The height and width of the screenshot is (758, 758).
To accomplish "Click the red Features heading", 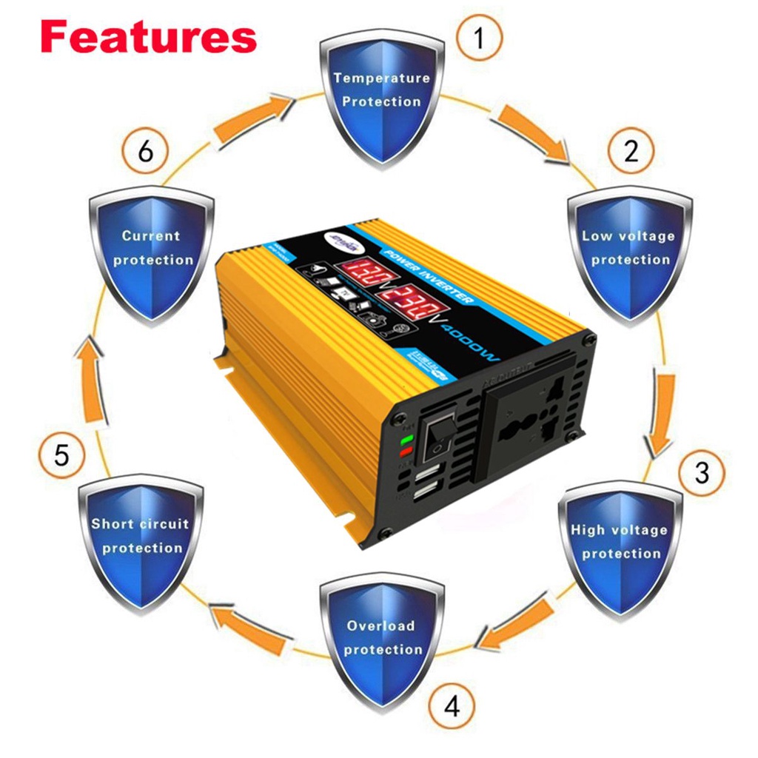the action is pyautogui.click(x=149, y=36).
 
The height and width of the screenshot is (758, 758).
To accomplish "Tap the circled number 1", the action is pyautogui.click(x=479, y=36).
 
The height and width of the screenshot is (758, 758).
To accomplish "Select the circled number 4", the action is pyautogui.click(x=452, y=706).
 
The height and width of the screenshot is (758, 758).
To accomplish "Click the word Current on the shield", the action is pyautogui.click(x=151, y=237).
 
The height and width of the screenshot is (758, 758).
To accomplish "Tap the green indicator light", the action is pyautogui.click(x=405, y=440).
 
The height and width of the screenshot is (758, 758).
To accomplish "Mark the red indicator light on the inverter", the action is pyautogui.click(x=405, y=452).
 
